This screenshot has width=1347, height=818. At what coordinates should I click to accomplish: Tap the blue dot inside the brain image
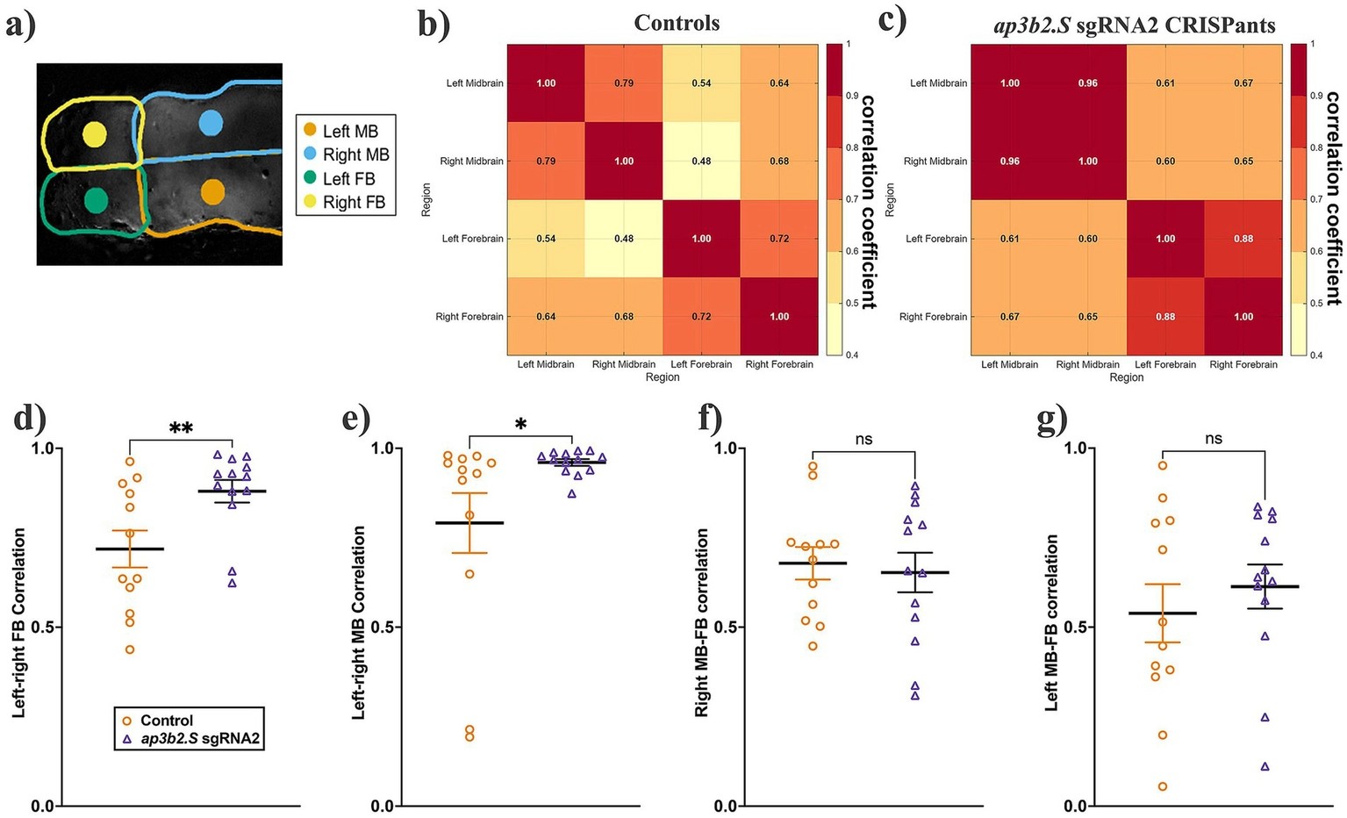(x=211, y=123)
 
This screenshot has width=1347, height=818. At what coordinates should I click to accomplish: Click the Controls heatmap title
(x=677, y=23)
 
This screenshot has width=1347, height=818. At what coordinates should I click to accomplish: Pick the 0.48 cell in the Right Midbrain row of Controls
(x=701, y=161)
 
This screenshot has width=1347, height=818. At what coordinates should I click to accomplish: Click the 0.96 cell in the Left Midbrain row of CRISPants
(x=1087, y=83)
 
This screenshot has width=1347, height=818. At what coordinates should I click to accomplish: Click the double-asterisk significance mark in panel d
(x=181, y=428)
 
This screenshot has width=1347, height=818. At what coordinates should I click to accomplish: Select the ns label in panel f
(x=863, y=439)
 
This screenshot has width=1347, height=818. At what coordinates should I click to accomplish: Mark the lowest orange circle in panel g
(x=1163, y=786)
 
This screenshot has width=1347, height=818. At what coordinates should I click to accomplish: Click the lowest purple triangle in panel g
(x=1265, y=766)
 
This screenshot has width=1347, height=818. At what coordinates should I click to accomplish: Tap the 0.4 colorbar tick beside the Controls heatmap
(x=847, y=355)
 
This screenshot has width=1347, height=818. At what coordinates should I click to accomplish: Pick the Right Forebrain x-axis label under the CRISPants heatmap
(x=1243, y=364)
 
